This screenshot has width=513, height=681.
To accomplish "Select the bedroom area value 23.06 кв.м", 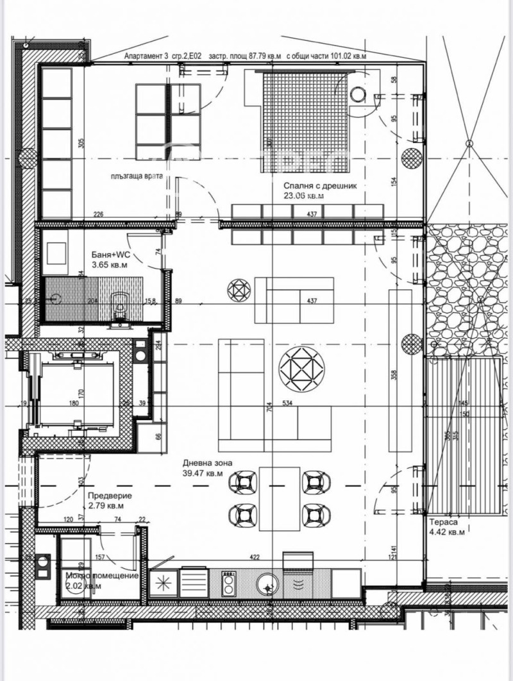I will (x=303, y=197).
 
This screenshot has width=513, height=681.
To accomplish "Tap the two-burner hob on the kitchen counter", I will (x=228, y=584).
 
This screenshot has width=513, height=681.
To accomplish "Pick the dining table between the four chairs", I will (x=279, y=499).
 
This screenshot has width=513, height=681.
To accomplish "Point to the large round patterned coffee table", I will (x=301, y=369).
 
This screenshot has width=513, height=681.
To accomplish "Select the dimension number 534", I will (x=288, y=403).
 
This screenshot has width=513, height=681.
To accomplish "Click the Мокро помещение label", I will (x=102, y=576).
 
